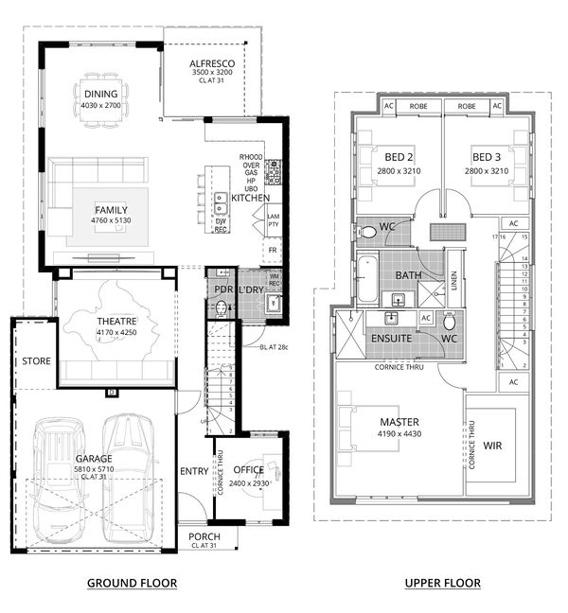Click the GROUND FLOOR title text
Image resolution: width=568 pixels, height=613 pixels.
click(132, 582)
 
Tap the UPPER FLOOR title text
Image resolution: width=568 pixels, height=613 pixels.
click(442, 582)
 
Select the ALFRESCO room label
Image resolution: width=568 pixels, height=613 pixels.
click(211, 62)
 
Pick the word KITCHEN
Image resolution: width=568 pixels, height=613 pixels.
click(250, 198)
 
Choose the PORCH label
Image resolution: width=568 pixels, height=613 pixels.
click(204, 536)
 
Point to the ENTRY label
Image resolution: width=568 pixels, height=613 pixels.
click(193, 470)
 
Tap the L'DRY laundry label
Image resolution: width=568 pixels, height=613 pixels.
click(251, 289)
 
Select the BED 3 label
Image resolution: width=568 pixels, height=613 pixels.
click(486, 157)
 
